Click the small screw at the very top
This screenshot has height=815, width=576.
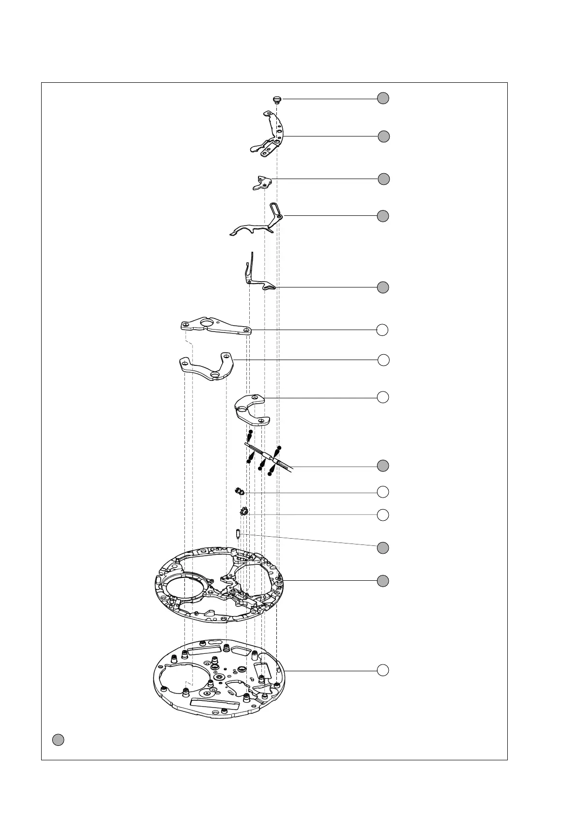point(277,100)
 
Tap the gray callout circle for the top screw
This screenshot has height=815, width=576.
point(383,98)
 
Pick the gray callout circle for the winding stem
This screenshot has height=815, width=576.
point(383,466)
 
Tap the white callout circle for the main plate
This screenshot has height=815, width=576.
point(383,670)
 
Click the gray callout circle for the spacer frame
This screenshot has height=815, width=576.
point(383,581)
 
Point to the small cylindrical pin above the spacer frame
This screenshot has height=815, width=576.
point(238,535)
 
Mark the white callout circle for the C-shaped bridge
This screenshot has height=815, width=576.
point(383,397)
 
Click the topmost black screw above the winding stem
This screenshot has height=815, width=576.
point(250,432)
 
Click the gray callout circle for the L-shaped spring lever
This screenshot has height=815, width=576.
point(383,287)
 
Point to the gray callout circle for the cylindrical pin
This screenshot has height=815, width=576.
point(383,548)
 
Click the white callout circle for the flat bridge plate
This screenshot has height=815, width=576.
point(383,330)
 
